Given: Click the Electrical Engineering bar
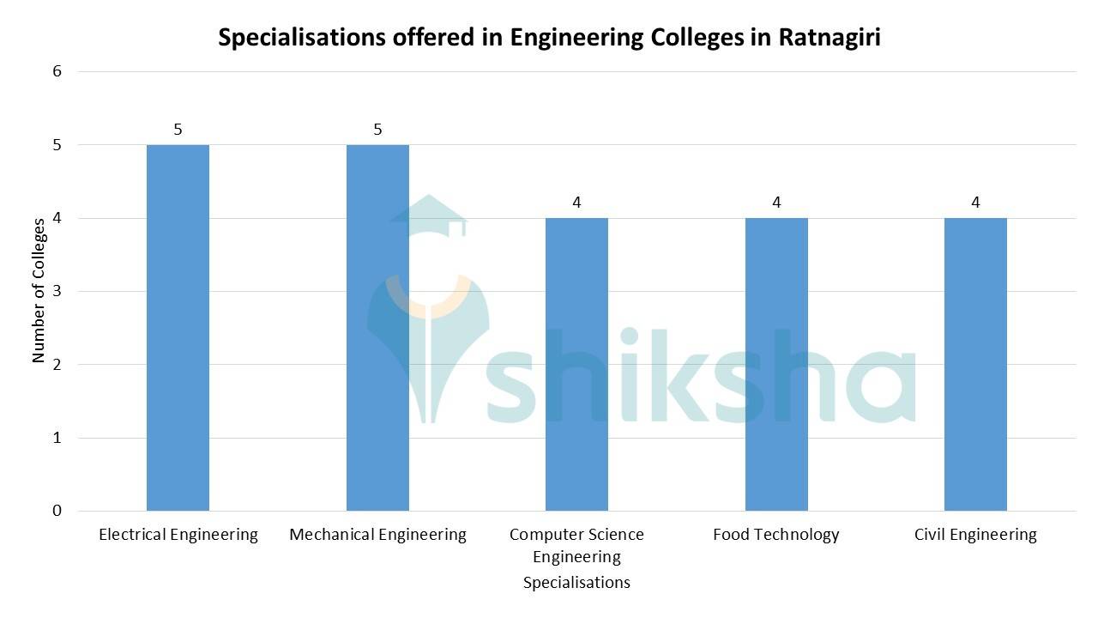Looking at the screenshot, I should pyautogui.click(x=178, y=328).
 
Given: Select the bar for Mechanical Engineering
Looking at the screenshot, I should pyautogui.click(x=377, y=328).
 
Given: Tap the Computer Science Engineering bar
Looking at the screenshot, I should pyautogui.click(x=576, y=364).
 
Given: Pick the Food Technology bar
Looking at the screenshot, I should pyautogui.click(x=776, y=364).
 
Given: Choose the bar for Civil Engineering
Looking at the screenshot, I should pyautogui.click(x=975, y=364).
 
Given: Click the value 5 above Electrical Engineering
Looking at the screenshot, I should pyautogui.click(x=178, y=130).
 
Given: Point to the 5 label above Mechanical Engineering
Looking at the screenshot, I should pyautogui.click(x=377, y=130).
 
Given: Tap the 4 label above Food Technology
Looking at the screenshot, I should pyautogui.click(x=776, y=203).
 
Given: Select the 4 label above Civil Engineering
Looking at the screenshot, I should pyautogui.click(x=975, y=203).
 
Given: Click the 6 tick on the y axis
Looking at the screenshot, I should pyautogui.click(x=57, y=71).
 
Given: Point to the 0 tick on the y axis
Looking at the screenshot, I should pyautogui.click(x=57, y=511).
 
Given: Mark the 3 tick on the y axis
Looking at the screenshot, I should pyautogui.click(x=57, y=292).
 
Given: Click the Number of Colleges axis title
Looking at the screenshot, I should pyautogui.click(x=39, y=290).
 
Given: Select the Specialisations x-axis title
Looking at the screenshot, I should pyautogui.click(x=576, y=583).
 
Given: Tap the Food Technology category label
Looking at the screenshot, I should pyautogui.click(x=776, y=535).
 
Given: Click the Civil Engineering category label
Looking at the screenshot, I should pyautogui.click(x=975, y=535).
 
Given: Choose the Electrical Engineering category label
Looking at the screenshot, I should pyautogui.click(x=178, y=535).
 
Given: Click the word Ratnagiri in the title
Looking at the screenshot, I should pyautogui.click(x=830, y=39).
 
